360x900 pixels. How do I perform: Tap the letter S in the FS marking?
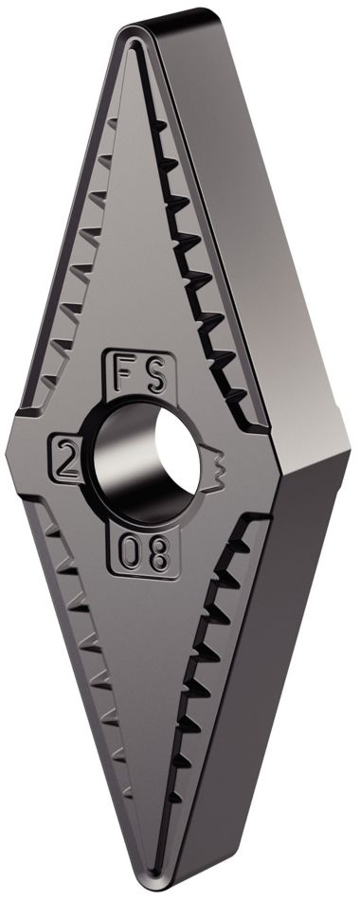point(156,370)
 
